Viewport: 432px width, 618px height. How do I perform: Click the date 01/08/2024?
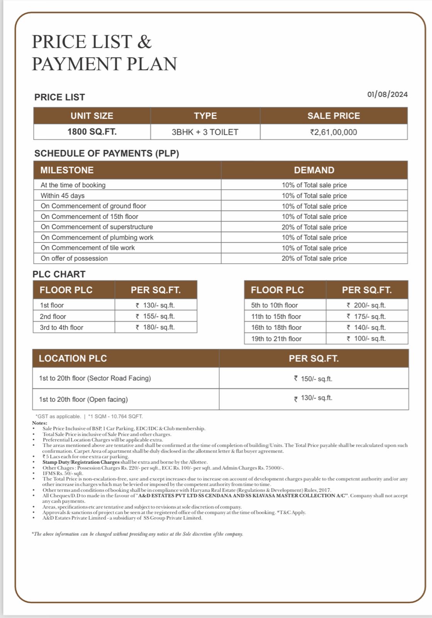(387, 95)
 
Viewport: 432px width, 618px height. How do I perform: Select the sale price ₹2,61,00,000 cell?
(334, 132)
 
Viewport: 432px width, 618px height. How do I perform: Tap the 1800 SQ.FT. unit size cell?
(92, 132)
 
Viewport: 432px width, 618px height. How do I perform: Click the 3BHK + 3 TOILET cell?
(205, 132)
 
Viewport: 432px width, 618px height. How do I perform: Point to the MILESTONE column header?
(67, 170)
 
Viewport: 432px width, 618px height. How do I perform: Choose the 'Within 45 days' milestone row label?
(63, 196)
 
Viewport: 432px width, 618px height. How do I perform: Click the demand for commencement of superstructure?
(314, 227)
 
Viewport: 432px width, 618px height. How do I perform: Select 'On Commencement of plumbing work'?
(97, 238)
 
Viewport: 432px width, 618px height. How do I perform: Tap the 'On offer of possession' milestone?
(74, 258)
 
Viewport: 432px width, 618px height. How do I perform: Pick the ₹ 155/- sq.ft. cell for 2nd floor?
(156, 316)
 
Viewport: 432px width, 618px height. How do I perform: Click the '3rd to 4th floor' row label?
(61, 328)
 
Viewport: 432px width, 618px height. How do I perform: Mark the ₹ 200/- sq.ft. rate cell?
(366, 305)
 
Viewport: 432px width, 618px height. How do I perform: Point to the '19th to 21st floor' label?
(276, 339)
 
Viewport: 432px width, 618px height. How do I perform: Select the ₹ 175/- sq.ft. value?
(366, 316)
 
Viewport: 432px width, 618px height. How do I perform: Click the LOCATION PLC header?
(73, 358)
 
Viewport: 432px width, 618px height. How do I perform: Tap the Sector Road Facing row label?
(95, 378)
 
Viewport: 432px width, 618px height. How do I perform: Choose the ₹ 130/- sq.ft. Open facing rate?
(313, 398)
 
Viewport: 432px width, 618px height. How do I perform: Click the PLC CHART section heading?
(59, 274)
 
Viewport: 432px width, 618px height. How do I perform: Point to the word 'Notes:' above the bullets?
(40, 423)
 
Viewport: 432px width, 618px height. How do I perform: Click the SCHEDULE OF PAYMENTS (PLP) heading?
(107, 153)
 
